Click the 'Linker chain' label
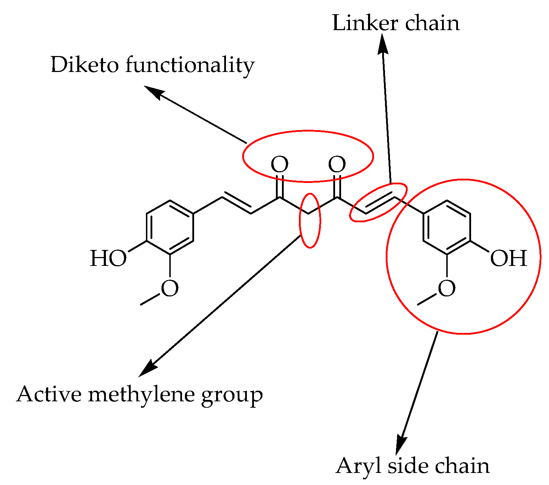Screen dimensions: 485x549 coord(396,23)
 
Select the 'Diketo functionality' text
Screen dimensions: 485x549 coord(153,65)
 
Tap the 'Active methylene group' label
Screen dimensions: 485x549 coord(139,394)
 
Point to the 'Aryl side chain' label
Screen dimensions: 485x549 coord(412,466)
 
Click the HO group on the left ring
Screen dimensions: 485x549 coord(108,258)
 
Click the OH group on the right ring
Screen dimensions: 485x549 coord(508,258)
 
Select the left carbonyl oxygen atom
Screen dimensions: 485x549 coord(279,165)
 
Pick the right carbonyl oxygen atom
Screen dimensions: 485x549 coord(337,165)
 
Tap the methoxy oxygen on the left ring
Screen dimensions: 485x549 coord(170,288)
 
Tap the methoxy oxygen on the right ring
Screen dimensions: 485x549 coord(447,288)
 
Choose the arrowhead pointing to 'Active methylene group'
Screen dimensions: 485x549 coord(147,369)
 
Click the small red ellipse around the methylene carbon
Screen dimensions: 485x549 coord(310,220)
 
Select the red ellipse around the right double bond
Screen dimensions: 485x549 coord(378,202)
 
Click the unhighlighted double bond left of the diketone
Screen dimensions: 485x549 coord(237,205)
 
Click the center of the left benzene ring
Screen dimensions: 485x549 coord(170,228)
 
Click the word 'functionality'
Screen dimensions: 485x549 coord(190,65)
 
